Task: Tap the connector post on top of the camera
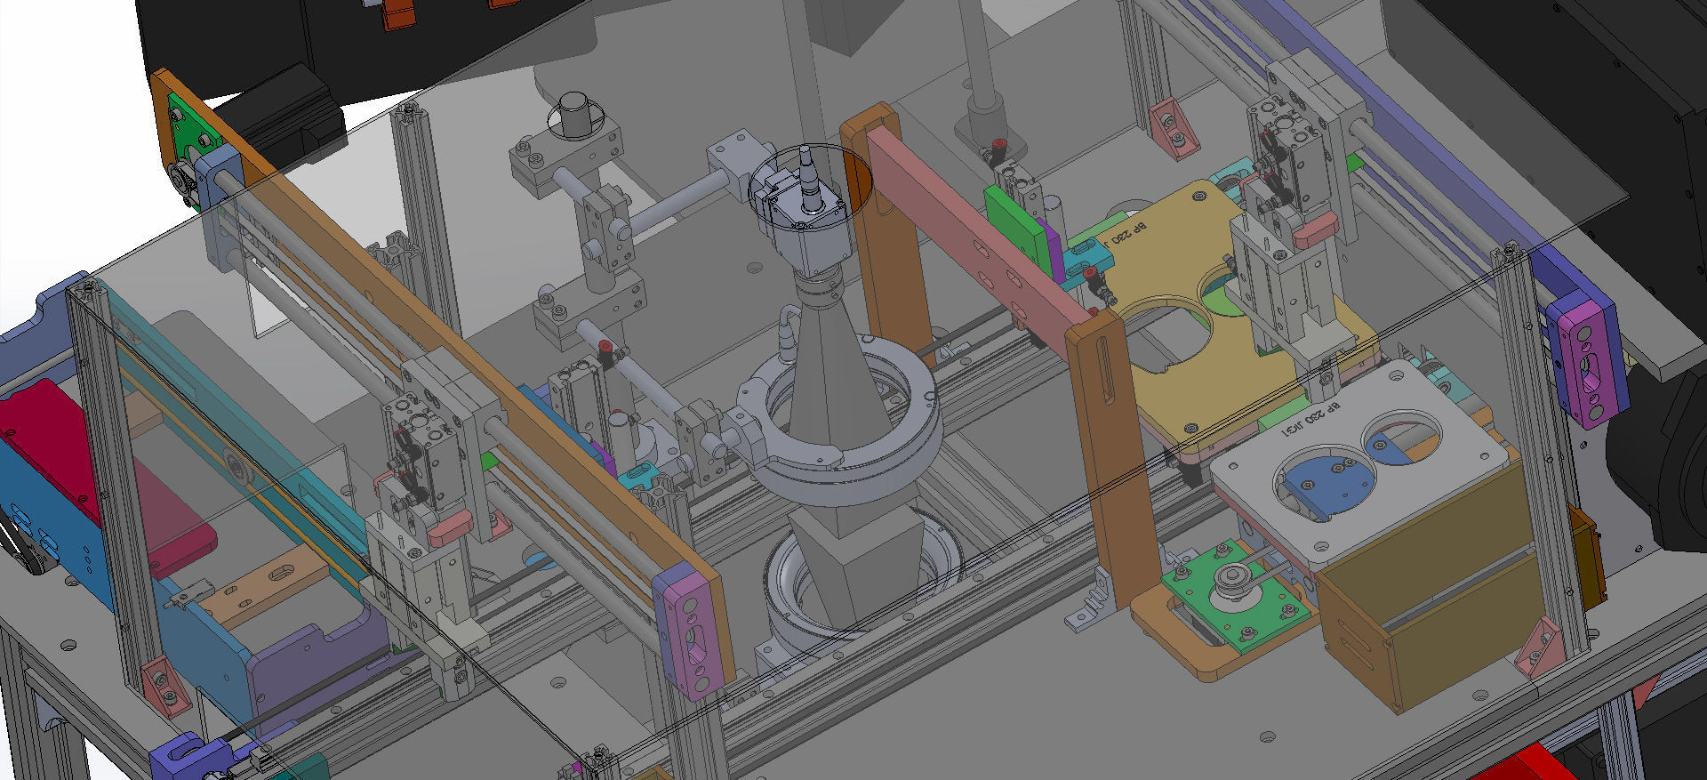tap(810, 178)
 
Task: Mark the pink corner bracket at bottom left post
tap(164, 687)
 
